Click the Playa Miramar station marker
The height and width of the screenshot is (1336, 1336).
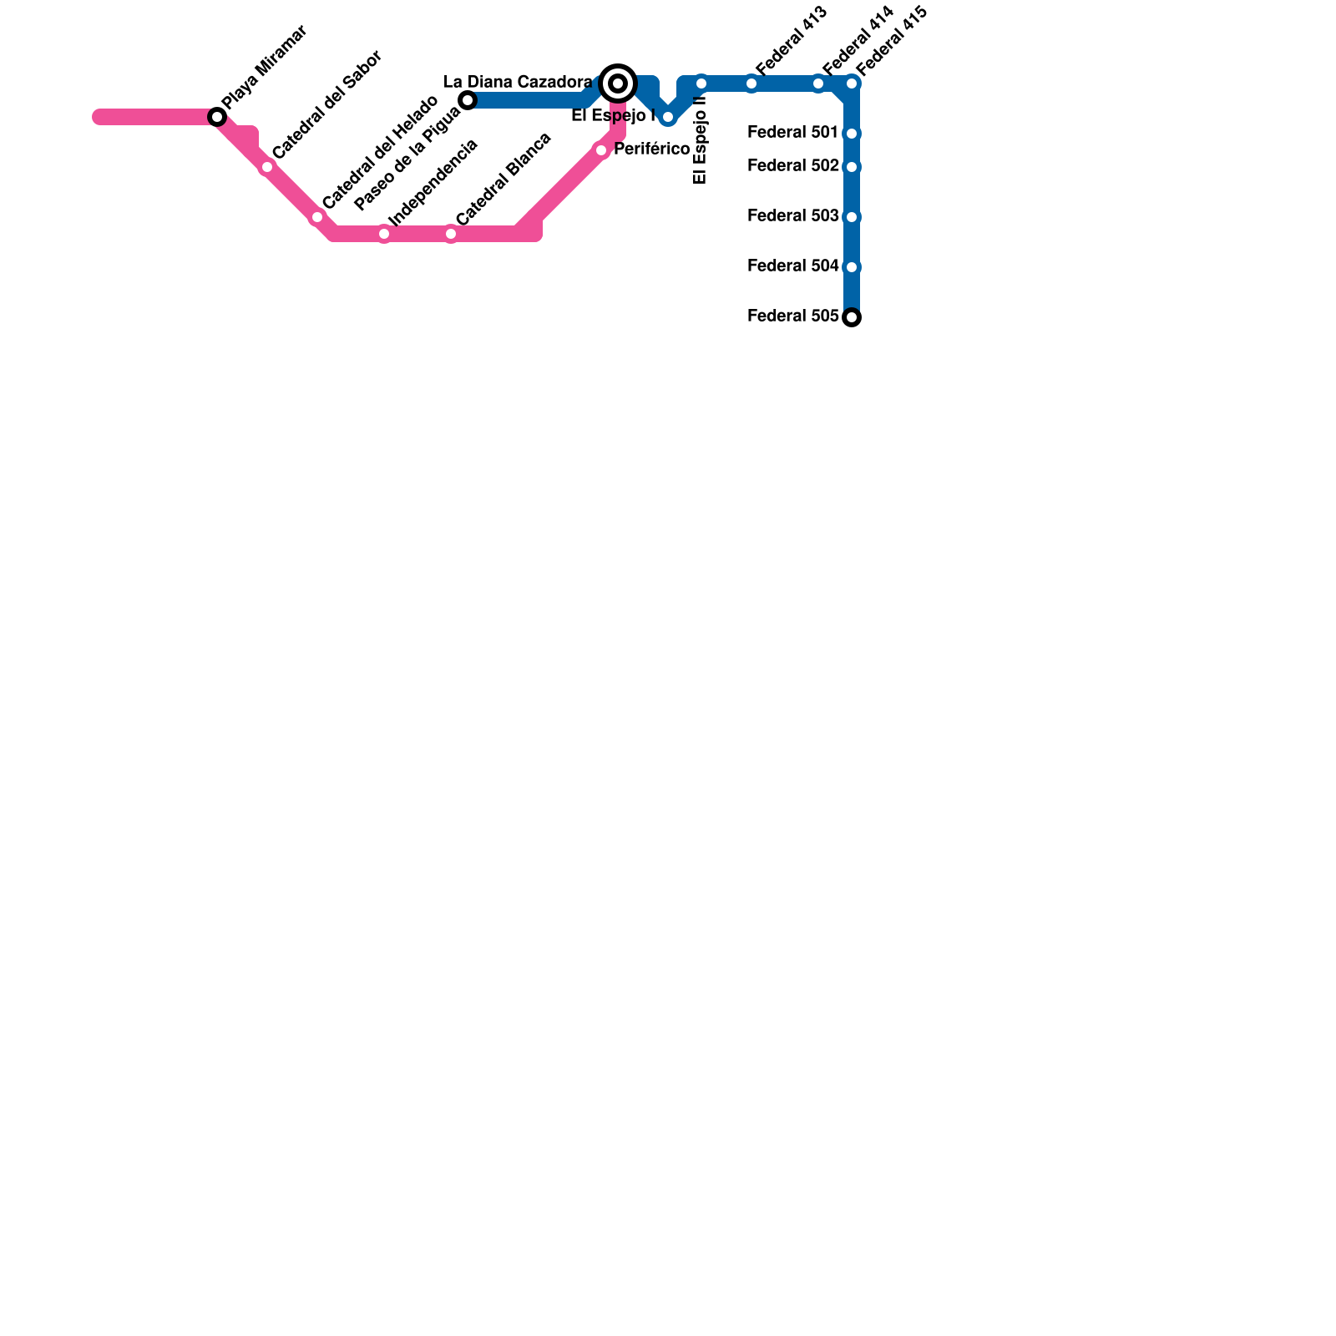coord(217,117)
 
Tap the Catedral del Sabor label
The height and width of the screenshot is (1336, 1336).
coord(327,105)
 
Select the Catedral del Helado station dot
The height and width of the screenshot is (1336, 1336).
coord(317,217)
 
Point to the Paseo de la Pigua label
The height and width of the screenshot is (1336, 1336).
coord(407,160)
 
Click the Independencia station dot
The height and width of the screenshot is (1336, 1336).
coord(384,234)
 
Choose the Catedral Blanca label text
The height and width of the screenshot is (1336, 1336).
coord(504,179)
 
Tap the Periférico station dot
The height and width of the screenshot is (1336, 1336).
coord(601,150)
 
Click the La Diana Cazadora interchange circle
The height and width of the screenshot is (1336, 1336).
coord(618,83)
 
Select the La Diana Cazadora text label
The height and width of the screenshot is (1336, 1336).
coord(518,83)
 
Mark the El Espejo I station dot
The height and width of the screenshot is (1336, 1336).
coord(668,117)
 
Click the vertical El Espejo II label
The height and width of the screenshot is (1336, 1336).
coord(701,140)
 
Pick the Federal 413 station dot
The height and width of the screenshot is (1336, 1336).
coord(751,83)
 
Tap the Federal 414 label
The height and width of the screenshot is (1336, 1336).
coord(858,41)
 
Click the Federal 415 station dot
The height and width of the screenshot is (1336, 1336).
coord(852,83)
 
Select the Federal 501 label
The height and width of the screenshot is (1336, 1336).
coord(792,133)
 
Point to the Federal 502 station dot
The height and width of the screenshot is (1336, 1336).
coord(852,167)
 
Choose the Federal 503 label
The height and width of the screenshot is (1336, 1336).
coord(792,216)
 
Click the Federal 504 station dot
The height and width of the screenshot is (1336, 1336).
coord(852,267)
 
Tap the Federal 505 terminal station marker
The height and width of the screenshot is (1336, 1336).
coord(852,317)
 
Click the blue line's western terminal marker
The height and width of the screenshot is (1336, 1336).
coord(468,100)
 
